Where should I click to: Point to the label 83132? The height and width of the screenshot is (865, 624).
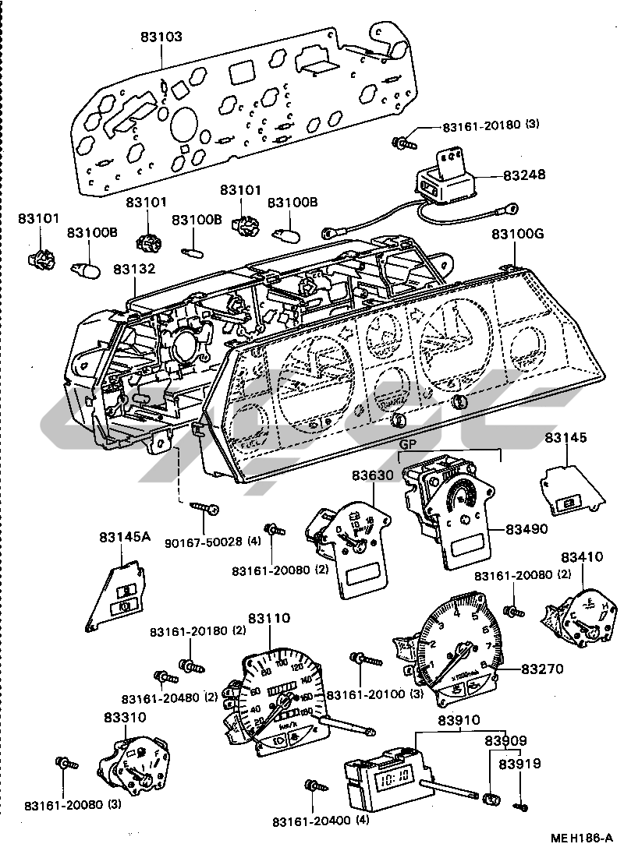point(134,269)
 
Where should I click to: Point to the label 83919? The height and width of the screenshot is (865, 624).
point(521,764)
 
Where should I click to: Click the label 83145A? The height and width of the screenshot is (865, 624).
point(121,537)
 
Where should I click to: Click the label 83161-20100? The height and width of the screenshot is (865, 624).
point(363,694)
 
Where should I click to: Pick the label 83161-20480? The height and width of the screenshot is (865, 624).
point(159,697)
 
